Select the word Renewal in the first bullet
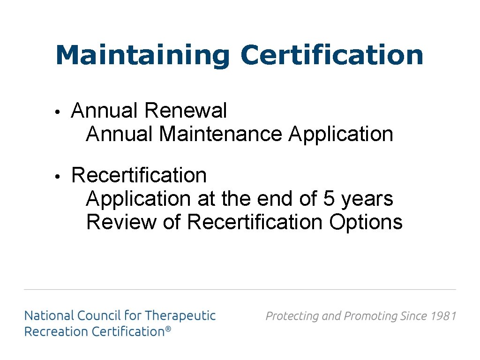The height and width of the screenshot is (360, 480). [186, 111]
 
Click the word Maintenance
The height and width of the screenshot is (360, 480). [221, 134]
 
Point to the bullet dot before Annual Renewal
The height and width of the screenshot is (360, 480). [56, 112]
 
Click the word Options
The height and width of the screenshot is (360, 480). [366, 222]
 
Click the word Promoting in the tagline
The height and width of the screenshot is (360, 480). [371, 316]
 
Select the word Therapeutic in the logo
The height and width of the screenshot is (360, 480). [180, 315]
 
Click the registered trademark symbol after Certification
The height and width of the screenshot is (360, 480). [168, 330]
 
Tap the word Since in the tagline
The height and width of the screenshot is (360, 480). [413, 316]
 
